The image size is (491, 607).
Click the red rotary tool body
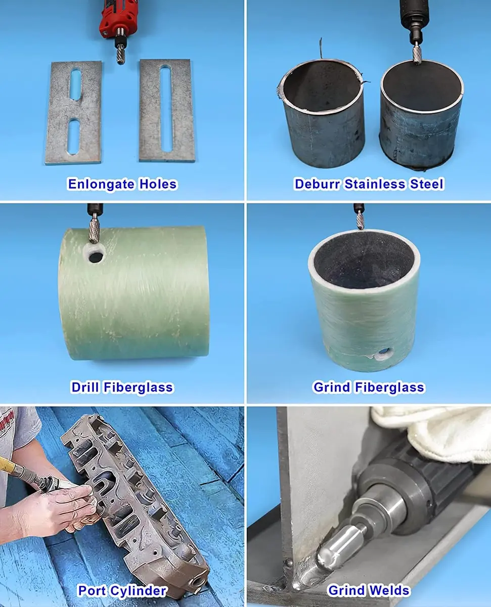(x=117, y=18)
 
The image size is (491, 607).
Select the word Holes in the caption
(x=158, y=184)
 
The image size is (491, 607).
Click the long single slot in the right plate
(x=166, y=108)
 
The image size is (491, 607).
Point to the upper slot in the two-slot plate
(x=75, y=84)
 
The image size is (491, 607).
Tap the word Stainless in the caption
(x=375, y=184)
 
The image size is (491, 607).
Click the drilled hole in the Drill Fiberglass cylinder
(x=96, y=257)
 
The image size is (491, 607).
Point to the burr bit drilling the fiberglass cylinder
(x=94, y=231)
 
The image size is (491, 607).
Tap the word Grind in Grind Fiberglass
(x=332, y=387)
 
